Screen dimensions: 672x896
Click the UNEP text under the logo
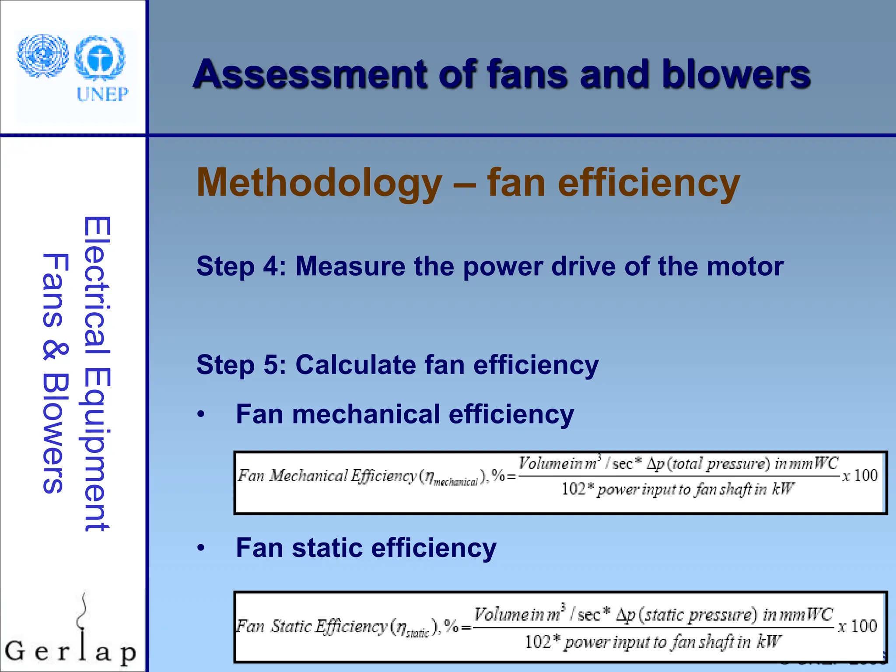click(x=102, y=94)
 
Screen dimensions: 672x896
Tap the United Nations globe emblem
click(x=43, y=56)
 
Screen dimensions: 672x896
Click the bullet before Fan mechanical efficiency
click(x=201, y=414)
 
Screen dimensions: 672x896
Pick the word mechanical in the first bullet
click(x=366, y=414)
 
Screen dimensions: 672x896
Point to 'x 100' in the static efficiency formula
click(x=857, y=626)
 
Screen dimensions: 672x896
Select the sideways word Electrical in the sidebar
click(x=97, y=286)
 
